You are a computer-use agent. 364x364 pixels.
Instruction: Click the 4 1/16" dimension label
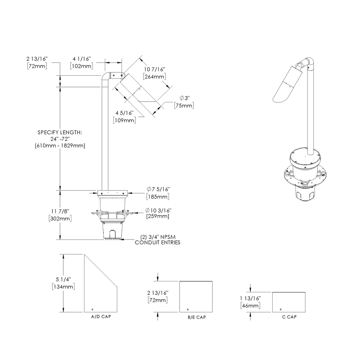(x=81, y=58)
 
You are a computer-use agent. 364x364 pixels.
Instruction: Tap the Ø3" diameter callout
(x=185, y=98)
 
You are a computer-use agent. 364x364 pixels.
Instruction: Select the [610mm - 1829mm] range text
(x=60, y=146)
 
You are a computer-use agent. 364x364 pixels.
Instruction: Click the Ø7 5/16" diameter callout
(x=158, y=189)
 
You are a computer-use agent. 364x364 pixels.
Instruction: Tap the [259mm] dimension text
(x=157, y=216)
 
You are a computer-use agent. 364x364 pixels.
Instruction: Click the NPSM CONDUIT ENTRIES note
(x=158, y=240)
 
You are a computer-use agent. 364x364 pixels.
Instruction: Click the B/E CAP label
(x=197, y=317)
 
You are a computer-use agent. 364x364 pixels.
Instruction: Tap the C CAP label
(x=289, y=317)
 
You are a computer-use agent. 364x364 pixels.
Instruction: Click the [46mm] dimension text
(x=250, y=306)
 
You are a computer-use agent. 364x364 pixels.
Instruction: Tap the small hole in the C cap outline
(x=280, y=309)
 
